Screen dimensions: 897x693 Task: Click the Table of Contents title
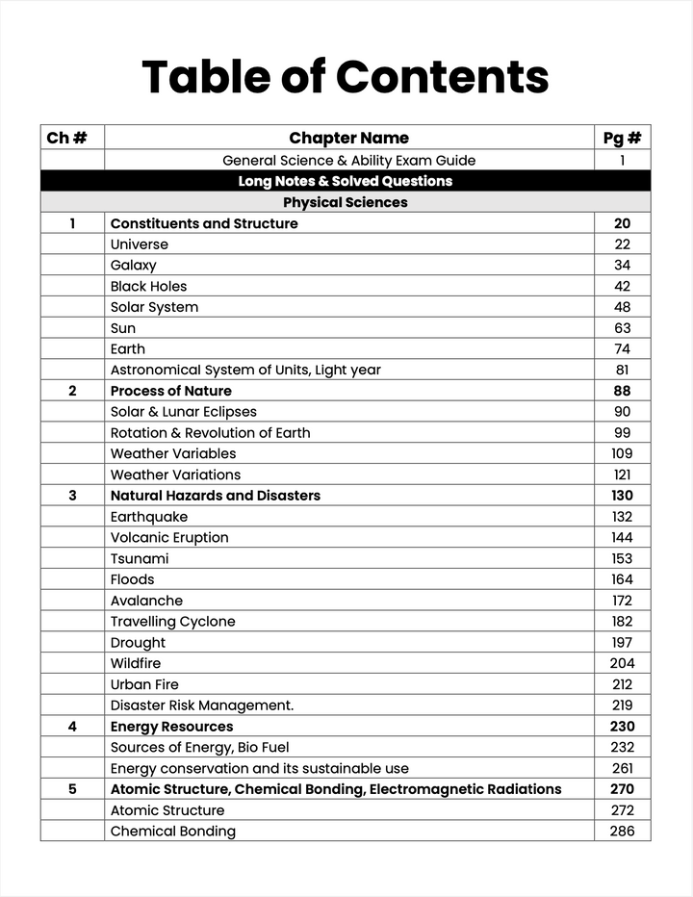tap(346, 77)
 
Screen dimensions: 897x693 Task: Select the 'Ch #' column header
tap(66, 138)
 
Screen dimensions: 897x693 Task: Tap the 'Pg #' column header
tap(622, 138)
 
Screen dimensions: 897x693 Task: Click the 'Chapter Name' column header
tap(348, 138)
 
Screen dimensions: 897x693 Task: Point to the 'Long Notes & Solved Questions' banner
tap(345, 181)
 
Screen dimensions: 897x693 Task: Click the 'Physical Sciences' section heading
tap(345, 202)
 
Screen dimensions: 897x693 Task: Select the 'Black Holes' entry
tap(148, 286)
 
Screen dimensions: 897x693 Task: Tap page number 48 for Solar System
tap(622, 307)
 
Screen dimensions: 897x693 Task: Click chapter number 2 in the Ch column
tap(72, 391)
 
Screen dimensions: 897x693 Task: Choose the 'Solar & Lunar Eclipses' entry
tap(183, 412)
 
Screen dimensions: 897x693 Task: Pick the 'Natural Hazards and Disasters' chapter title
tap(215, 496)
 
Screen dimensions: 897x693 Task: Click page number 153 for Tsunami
tap(622, 558)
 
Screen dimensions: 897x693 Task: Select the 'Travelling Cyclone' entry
tap(172, 622)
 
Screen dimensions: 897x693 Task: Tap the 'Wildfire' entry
tap(135, 663)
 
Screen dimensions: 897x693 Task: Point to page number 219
tap(622, 705)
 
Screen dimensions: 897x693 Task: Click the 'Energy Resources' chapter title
tap(171, 727)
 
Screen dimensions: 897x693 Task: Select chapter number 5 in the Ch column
tap(72, 789)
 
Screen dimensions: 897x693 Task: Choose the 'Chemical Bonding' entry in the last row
tap(172, 832)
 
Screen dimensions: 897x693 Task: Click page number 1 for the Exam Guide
tap(622, 161)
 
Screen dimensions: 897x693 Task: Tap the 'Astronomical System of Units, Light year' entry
tap(245, 370)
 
